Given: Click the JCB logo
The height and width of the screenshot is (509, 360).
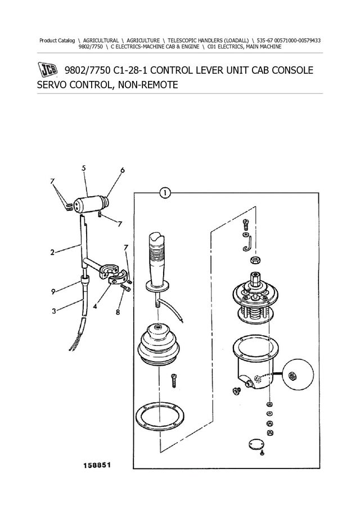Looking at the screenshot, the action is coord(49,71).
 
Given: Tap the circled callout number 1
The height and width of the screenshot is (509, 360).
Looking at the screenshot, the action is coord(164,193).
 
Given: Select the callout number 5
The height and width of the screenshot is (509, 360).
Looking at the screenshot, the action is coord(83,168).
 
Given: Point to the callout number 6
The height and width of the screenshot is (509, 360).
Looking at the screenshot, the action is coord(123,170).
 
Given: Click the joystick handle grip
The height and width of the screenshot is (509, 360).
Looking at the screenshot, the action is coord(158,253).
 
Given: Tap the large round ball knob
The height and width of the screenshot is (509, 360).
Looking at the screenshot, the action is coord(297,374).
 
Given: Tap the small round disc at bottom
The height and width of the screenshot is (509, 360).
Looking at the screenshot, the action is coord(257,445).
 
